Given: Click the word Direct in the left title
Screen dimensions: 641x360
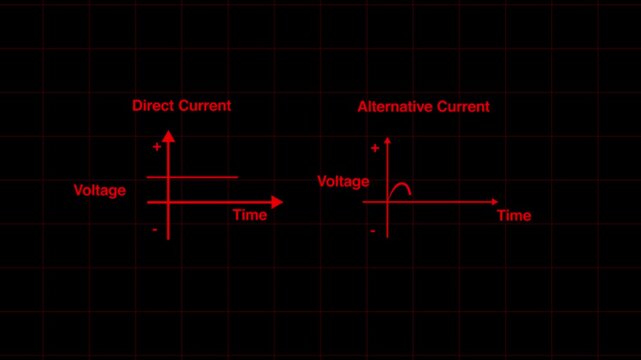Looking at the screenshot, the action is tap(152, 105).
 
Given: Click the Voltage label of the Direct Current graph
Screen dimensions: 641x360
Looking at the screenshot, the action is tap(100, 190).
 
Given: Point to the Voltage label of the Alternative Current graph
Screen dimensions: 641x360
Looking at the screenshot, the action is tap(343, 181).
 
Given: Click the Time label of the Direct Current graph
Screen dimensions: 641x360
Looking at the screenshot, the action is tap(250, 215).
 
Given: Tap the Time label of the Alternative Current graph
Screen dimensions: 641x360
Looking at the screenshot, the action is tap(514, 215).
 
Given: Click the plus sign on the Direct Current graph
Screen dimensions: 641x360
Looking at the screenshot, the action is tap(157, 147).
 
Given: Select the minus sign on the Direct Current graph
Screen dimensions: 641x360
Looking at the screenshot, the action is tap(155, 230).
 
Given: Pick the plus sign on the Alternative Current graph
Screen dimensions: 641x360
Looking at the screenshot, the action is tap(375, 148).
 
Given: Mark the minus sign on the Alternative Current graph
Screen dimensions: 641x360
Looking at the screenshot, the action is tap(373, 231).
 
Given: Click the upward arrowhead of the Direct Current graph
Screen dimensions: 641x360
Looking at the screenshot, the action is tap(168, 136).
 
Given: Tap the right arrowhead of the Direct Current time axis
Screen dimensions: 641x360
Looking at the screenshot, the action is tap(277, 202).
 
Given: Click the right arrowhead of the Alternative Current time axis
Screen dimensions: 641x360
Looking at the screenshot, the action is tap(495, 202).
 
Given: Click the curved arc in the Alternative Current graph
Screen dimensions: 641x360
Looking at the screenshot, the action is tap(400, 186).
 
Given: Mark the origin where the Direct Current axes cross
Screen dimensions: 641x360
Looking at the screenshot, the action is tap(168, 202).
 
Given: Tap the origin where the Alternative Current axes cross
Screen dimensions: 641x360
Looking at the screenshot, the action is tap(387, 202).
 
